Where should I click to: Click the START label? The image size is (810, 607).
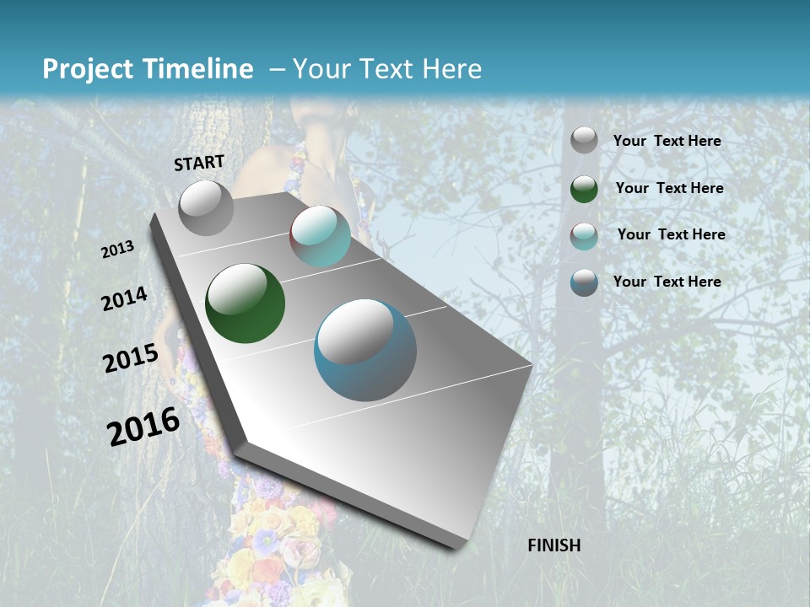199,163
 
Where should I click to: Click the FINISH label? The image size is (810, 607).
554,545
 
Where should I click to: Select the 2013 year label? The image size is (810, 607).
118,250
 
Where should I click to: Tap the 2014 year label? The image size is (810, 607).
124,299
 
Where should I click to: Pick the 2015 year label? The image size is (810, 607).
131,358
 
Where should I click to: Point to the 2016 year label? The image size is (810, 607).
143,427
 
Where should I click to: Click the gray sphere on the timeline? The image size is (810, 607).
207,208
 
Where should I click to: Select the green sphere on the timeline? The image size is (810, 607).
245,303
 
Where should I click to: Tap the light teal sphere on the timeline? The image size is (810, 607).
320,236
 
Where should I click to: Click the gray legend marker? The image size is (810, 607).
584,141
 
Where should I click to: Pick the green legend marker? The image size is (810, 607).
584,189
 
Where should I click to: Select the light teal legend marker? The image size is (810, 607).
584,236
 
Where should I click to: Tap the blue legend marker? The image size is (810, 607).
584,282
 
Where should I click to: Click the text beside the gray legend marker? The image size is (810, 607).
667,141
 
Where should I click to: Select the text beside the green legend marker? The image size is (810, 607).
669,188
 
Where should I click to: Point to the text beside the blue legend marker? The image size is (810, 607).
667,282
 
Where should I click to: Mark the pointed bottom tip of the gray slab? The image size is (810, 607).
461,546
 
